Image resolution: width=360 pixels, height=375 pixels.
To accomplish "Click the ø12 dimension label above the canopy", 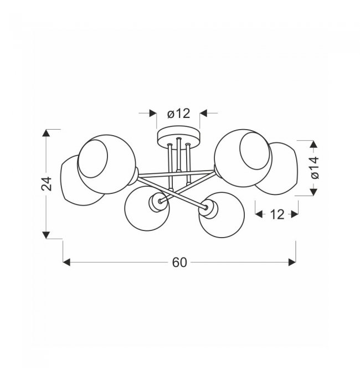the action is (x=179, y=114).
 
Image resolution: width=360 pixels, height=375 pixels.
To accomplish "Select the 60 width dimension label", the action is (x=179, y=263).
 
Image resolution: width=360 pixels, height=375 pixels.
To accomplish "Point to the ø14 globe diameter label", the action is (x=315, y=167).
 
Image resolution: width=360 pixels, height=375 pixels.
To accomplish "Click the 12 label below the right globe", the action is (x=277, y=214).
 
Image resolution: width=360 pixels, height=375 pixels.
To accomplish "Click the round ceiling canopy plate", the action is (x=178, y=136).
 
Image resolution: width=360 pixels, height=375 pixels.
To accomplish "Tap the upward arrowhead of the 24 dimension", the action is (x=46, y=133).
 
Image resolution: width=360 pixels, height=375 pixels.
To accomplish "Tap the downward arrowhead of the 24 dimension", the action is (x=46, y=235).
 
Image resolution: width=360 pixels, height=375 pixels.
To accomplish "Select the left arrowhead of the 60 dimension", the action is (x=66, y=262).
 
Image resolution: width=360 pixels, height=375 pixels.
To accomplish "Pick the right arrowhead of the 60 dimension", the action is (x=292, y=262).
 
